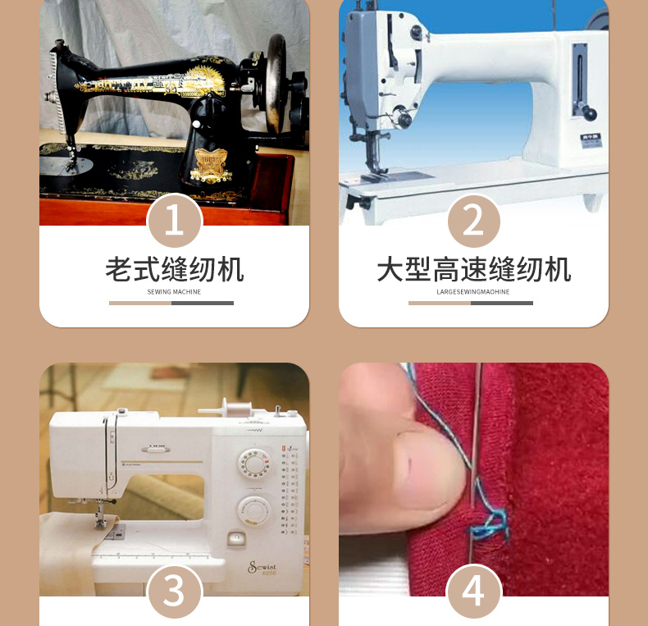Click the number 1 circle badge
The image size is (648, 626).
[x=175, y=221]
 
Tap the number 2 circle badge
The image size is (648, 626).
[x=473, y=221]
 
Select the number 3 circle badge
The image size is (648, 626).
[x=175, y=592]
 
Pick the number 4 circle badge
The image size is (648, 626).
[x=473, y=592]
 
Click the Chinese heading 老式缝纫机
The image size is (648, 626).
[x=175, y=270]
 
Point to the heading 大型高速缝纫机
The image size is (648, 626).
[x=473, y=270]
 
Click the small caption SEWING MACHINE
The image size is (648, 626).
[x=174, y=292]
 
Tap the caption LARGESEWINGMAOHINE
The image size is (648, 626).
[x=473, y=292]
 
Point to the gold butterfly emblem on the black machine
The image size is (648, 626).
[x=211, y=166]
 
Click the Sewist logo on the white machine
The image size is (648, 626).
[x=262, y=567]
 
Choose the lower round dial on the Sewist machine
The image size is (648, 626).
[x=253, y=511]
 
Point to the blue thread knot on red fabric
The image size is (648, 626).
[x=491, y=524]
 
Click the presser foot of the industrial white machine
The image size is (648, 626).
[x=374, y=171]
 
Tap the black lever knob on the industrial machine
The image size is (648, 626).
[x=589, y=113]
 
